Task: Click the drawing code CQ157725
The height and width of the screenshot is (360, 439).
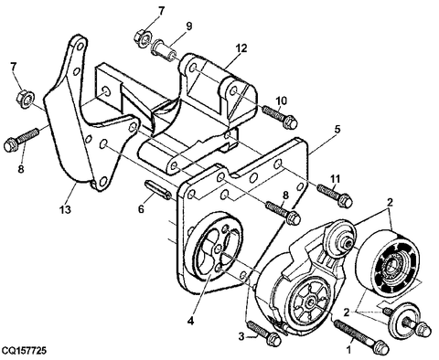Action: pyautogui.click(x=24, y=351)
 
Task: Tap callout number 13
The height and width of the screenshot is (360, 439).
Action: pyautogui.click(x=65, y=209)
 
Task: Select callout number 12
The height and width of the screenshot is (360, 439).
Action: pyautogui.click(x=241, y=48)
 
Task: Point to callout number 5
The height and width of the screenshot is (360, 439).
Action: pyautogui.click(x=337, y=129)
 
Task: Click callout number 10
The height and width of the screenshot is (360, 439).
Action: pyautogui.click(x=282, y=101)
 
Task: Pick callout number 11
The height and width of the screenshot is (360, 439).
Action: pyautogui.click(x=335, y=178)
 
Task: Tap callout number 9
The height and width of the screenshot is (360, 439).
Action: pyautogui.click(x=189, y=26)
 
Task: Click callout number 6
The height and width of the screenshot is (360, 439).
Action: pyautogui.click(x=141, y=209)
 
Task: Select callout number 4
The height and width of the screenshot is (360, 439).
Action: pyautogui.click(x=190, y=321)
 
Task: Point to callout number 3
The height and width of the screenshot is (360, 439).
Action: pyautogui.click(x=241, y=336)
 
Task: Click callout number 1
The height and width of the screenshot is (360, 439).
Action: pyautogui.click(x=349, y=350)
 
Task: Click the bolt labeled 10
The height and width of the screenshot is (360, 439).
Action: pyautogui.click(x=280, y=117)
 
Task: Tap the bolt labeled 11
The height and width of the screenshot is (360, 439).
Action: pyautogui.click(x=335, y=196)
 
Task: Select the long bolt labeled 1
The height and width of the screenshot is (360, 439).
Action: pyautogui.click(x=361, y=337)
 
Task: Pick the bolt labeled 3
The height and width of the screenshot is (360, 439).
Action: pyautogui.click(x=264, y=334)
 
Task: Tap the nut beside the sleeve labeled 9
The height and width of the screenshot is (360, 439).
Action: pyautogui.click(x=143, y=37)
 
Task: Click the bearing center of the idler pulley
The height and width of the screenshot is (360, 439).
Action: pyautogui.click(x=392, y=264)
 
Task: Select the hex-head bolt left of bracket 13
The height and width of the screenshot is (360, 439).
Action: pyautogui.click(x=21, y=140)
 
